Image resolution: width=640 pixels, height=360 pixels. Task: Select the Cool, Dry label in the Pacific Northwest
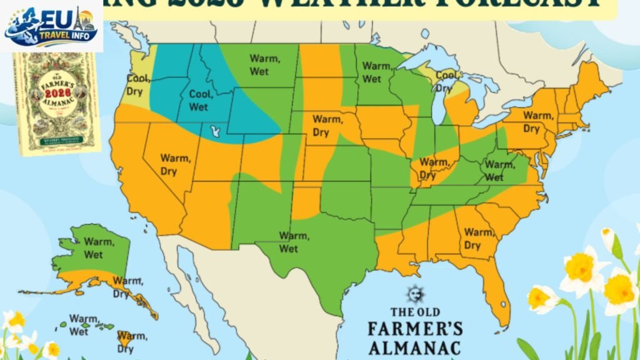point(139,84)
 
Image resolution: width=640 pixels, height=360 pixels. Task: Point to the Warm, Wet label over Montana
point(264,64)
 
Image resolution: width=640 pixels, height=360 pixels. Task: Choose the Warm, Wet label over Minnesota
point(376,72)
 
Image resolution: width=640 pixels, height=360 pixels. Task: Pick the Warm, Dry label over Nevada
point(174,164)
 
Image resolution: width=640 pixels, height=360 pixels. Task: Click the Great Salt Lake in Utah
point(216,132)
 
